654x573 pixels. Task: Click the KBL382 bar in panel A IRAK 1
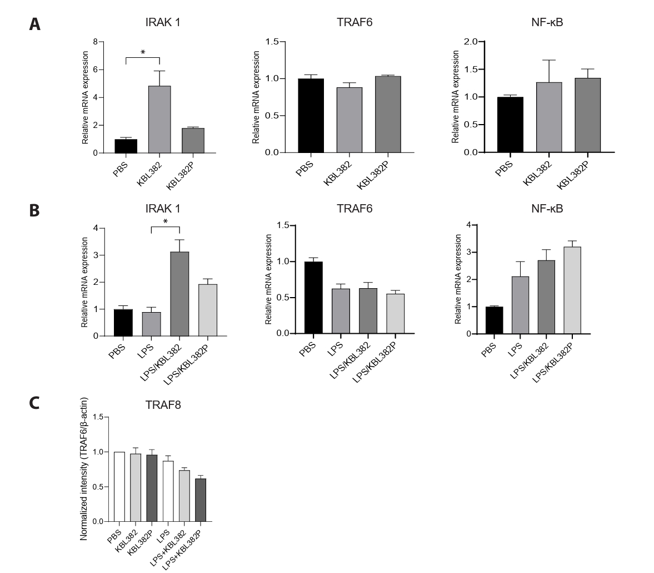[x=159, y=120]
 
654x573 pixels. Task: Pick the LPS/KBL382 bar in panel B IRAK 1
[x=179, y=294]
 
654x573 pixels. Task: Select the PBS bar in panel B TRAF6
[x=313, y=298]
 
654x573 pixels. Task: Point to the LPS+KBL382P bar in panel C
[x=201, y=500]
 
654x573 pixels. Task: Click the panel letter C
[x=34, y=402]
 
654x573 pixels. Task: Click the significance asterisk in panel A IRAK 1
[x=143, y=53]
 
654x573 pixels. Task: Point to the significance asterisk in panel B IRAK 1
[x=164, y=222]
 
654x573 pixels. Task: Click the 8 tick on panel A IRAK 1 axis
[x=96, y=42]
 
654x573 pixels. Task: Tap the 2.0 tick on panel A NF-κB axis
[x=470, y=42]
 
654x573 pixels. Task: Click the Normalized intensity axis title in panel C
[x=84, y=469]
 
